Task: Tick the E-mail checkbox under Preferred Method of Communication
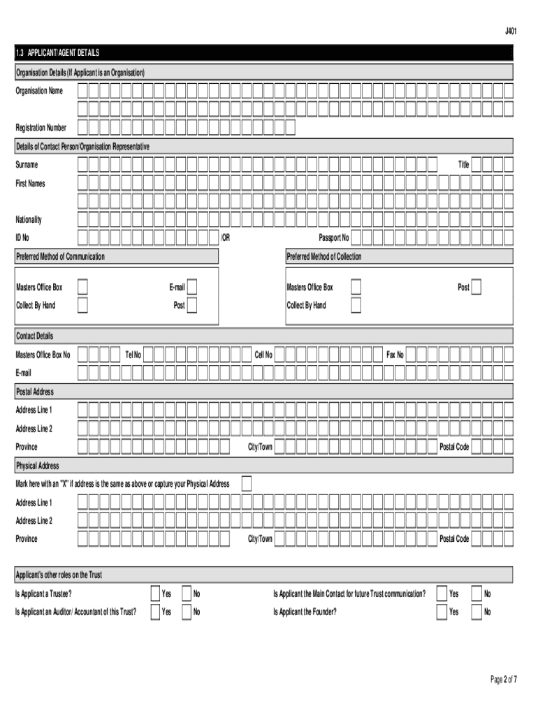coord(192,287)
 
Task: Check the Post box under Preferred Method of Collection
coord(477,287)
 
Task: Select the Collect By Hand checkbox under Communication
coord(82,305)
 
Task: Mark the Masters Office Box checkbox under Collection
coord(356,287)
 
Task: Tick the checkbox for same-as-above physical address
coord(246,484)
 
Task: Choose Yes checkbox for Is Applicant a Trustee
coord(156,594)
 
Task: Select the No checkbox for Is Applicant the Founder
coord(477,612)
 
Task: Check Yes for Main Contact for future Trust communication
coord(442,594)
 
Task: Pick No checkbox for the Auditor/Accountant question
coord(187,612)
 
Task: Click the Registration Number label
coord(41,128)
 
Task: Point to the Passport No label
coord(333,238)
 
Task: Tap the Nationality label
coord(29,220)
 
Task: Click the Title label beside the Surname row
coord(463,165)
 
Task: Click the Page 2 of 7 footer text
coord(503,680)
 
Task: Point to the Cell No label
coord(263,355)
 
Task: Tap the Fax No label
coord(395,355)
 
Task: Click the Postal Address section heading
coord(35,392)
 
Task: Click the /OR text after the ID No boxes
coord(225,238)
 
